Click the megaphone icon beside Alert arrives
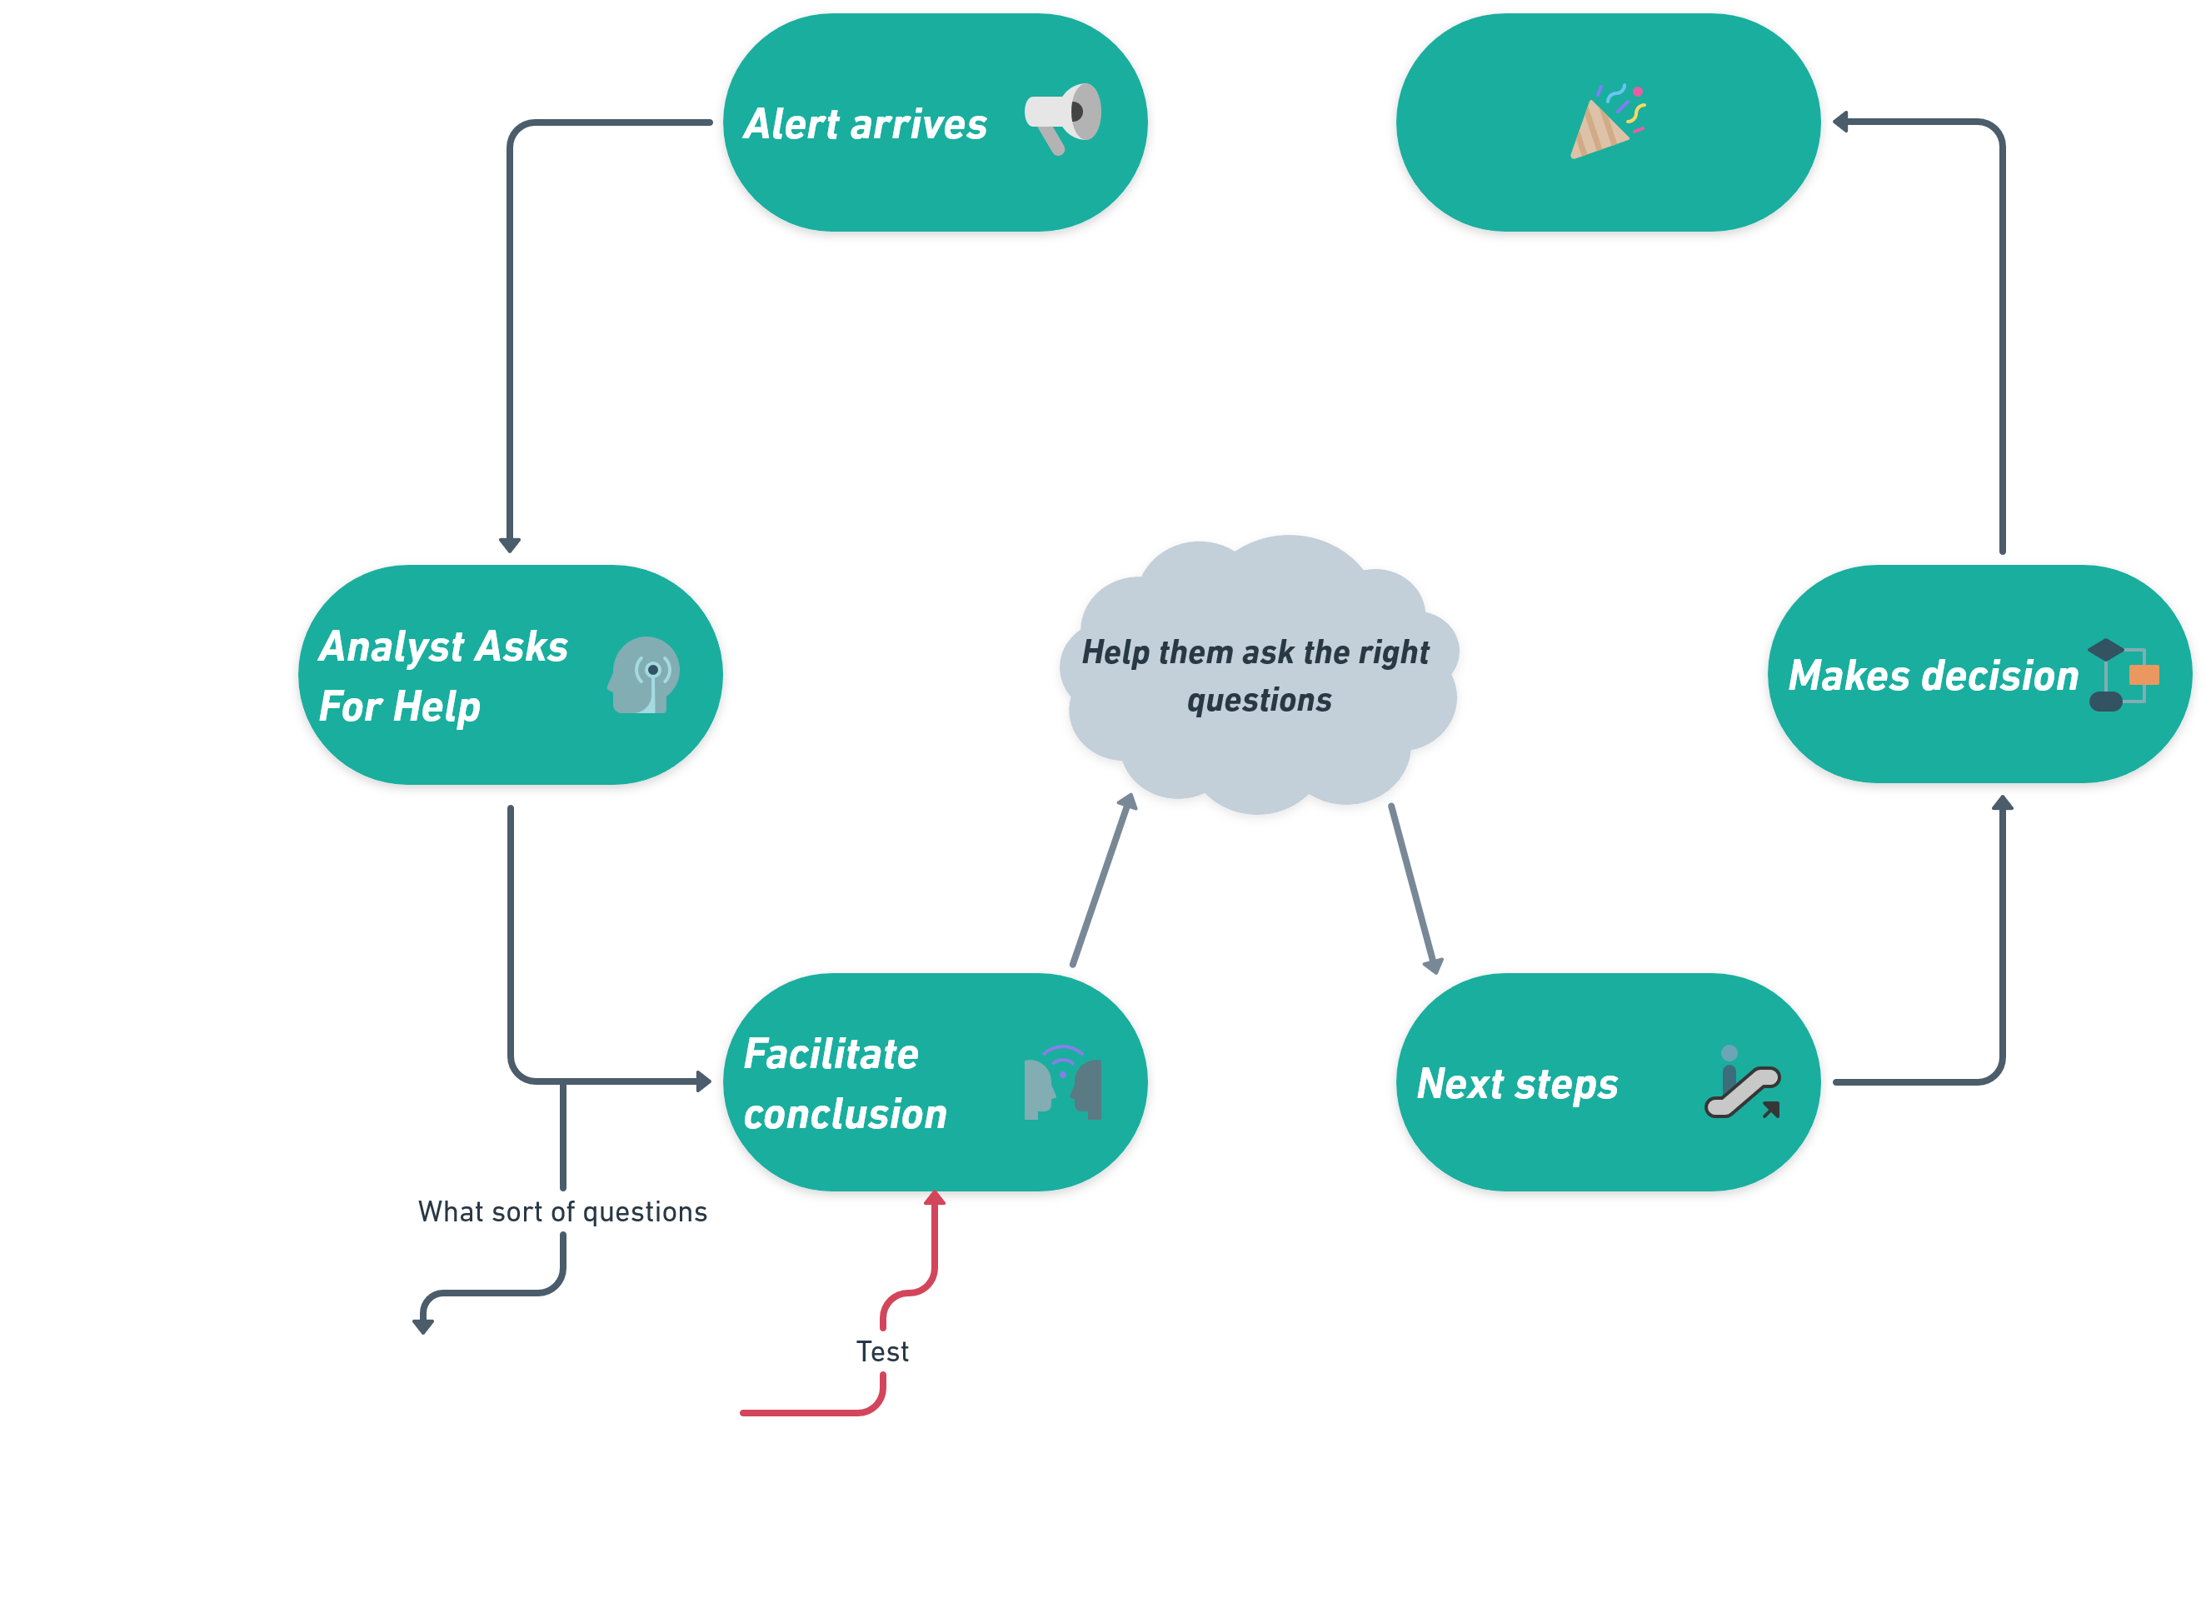[x=1063, y=117]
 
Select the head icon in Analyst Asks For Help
[x=644, y=675]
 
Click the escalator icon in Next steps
[x=1743, y=1082]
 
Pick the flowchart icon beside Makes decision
[x=2124, y=675]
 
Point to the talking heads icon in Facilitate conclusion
[x=1062, y=1082]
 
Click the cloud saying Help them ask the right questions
[x=1256, y=675]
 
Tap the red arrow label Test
[x=882, y=1351]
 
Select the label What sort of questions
[x=562, y=1212]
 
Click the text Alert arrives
[x=865, y=124]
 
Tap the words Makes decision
[x=1933, y=676]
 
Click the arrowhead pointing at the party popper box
[x=1840, y=122]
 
